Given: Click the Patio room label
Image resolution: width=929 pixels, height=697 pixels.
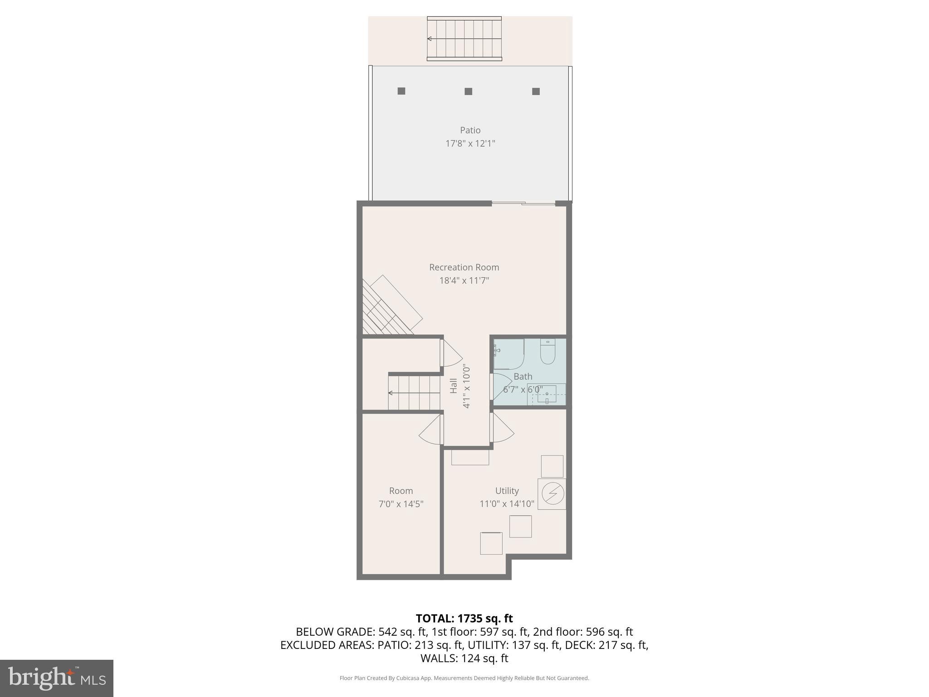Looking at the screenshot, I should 470,130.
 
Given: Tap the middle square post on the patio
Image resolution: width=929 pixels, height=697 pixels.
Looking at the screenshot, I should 468,91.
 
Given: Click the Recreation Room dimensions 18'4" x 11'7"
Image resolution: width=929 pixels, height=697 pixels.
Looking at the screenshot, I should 464,280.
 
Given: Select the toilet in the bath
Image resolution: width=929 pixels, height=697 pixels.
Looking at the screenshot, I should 548,352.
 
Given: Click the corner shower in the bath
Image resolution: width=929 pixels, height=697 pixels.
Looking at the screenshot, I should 509,354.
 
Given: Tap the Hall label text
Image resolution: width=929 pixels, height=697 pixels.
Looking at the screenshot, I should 454,386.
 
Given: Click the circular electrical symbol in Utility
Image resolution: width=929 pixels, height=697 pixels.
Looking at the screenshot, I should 553,493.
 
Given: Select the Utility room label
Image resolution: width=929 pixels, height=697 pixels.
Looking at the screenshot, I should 507,491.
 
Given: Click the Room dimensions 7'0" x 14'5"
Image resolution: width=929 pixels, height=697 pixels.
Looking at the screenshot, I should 401,504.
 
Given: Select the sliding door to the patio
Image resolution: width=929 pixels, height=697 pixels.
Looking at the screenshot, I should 523,203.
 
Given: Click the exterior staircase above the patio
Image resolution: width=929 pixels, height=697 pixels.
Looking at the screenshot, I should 464,39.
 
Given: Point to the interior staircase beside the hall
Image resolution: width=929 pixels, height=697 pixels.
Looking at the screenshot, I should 414,392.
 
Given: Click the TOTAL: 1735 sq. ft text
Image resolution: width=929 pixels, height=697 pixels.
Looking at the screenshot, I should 464,618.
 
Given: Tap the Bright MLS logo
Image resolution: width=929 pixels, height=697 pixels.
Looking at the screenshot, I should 57,678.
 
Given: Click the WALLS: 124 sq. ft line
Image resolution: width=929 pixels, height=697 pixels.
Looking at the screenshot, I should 464,658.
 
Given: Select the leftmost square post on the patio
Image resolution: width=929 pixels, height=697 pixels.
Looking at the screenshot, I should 401,91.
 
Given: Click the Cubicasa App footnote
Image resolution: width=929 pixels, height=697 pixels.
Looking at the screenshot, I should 464,678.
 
